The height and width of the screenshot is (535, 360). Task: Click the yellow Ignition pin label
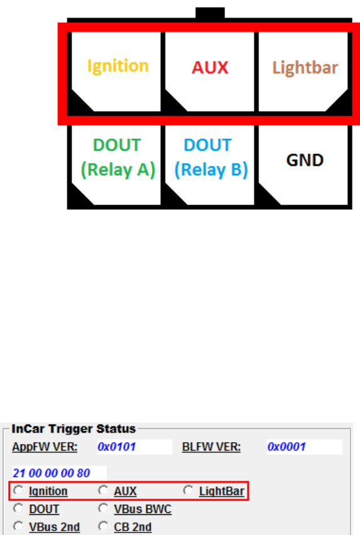[x=117, y=66]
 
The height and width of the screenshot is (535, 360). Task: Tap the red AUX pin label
[x=210, y=68]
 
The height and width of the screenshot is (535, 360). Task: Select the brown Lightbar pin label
[x=305, y=68]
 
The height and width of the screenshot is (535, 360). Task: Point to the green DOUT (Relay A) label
[x=117, y=158]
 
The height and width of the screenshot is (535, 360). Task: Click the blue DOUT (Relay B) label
[x=211, y=158]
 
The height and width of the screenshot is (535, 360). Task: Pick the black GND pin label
[x=305, y=160]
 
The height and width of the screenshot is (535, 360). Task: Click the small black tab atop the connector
[x=210, y=13]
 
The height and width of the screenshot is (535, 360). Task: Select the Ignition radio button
[x=18, y=490]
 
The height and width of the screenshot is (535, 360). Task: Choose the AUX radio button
[x=104, y=490]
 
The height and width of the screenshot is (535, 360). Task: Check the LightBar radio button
[x=188, y=490]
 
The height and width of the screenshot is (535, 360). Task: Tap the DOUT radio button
[x=18, y=509]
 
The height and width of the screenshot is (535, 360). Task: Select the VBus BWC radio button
[x=104, y=509]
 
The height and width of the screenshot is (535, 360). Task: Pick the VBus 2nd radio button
[x=18, y=526]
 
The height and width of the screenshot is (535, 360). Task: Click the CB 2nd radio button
[x=104, y=526]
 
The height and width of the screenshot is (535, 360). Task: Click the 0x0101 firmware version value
[x=117, y=446]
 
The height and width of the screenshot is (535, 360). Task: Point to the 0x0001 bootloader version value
[x=286, y=446]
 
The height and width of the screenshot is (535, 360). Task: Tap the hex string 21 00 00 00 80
[x=51, y=473]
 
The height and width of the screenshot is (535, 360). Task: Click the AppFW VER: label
[x=45, y=447]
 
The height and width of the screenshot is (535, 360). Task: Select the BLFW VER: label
[x=211, y=447]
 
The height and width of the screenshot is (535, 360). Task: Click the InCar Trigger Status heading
[x=74, y=429]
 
